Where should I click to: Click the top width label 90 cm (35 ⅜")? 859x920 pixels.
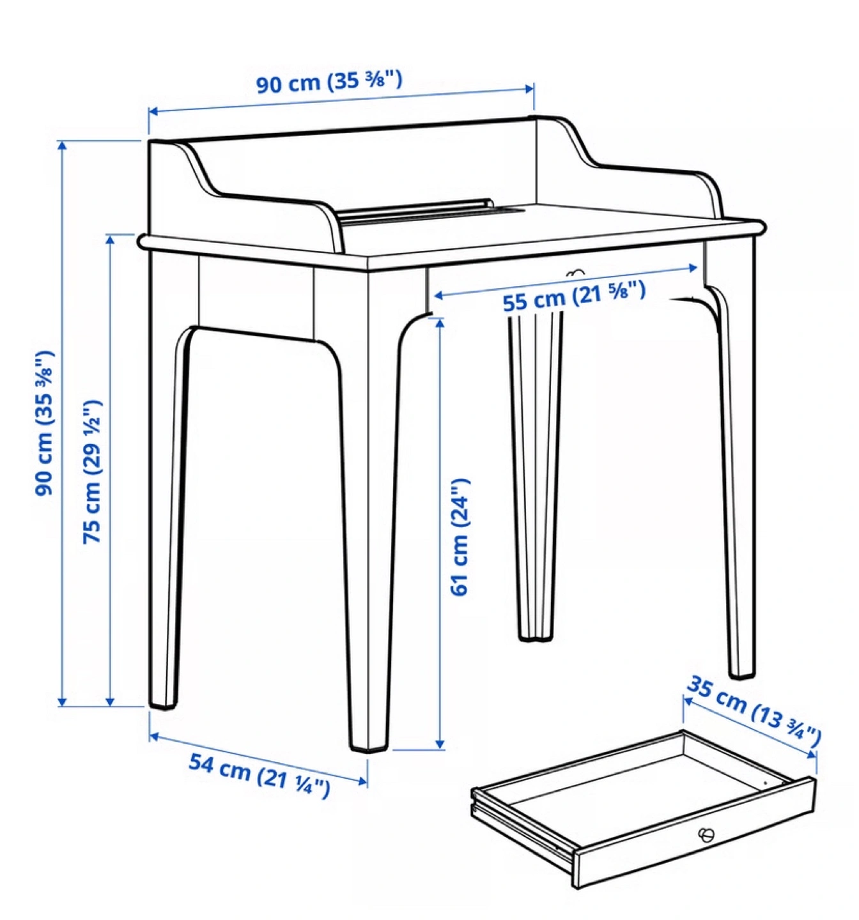[329, 82]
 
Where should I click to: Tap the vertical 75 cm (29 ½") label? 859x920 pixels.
[91, 471]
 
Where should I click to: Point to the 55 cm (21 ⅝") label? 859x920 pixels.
[574, 296]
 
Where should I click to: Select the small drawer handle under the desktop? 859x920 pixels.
[575, 273]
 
